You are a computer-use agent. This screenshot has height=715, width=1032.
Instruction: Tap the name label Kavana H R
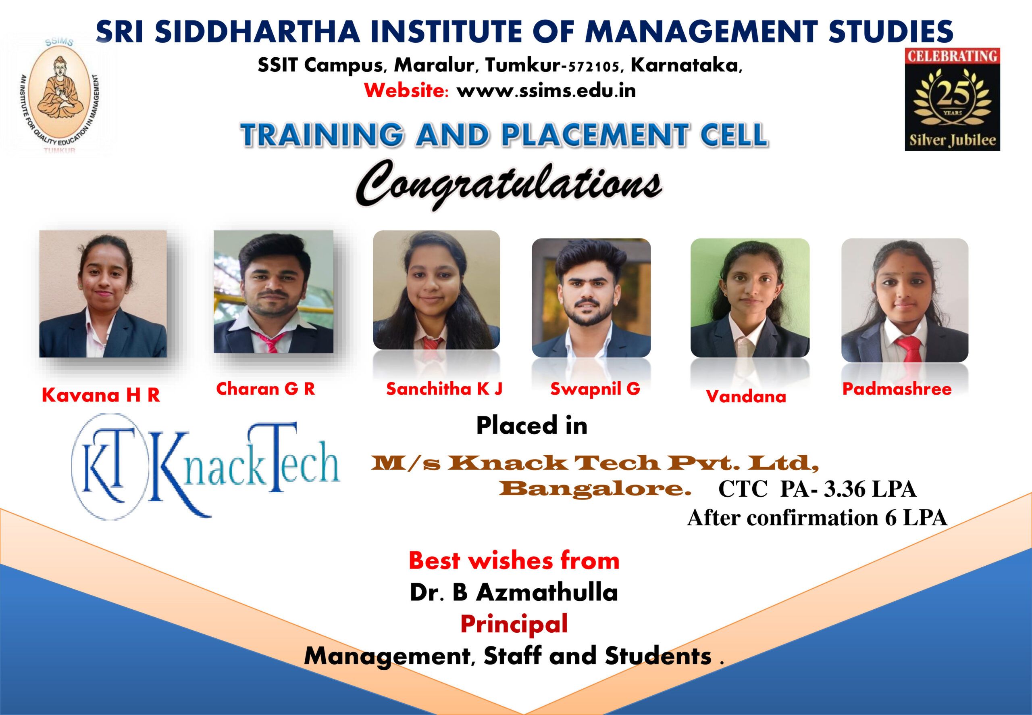coord(101,395)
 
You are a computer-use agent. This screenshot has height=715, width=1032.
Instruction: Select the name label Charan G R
coord(265,389)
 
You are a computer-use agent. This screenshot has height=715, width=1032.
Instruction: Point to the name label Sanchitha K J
coord(444,389)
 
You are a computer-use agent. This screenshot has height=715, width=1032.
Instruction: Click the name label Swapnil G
coord(595,389)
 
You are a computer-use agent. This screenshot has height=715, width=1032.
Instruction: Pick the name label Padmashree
coord(897,389)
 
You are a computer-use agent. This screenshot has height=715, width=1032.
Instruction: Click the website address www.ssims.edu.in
coord(546,91)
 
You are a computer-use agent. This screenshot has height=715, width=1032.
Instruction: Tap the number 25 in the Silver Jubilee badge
coord(952,94)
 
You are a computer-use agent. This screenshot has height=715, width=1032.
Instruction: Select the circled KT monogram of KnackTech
coord(109,466)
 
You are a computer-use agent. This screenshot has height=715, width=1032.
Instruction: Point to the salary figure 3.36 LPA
coord(870,489)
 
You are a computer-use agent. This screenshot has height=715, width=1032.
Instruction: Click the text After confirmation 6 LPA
coord(817,518)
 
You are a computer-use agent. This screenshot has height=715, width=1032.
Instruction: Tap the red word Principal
coord(514,624)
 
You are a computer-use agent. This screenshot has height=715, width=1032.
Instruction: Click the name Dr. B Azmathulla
coord(514,592)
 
